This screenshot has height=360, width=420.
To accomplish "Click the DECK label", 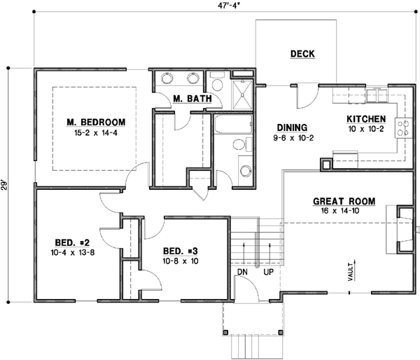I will point(302,54).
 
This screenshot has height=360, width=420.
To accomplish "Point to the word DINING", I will point(292,127).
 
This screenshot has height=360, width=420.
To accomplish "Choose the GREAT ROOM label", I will point(344,202).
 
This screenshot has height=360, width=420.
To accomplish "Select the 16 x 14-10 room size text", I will point(344,211).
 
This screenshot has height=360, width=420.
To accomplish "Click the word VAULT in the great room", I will point(349,271).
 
